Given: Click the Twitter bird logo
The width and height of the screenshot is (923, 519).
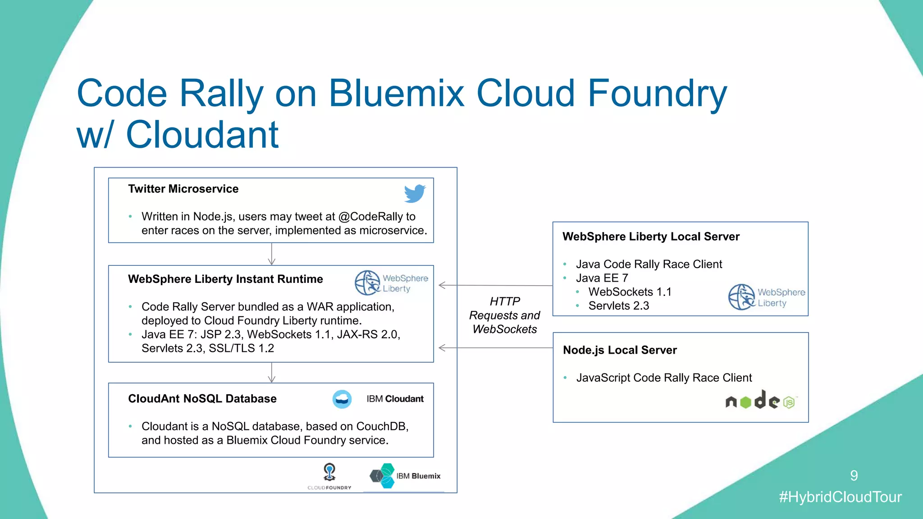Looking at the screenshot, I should pyautogui.click(x=415, y=193).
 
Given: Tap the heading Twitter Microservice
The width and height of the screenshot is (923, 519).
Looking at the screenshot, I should pyautogui.click(x=183, y=189).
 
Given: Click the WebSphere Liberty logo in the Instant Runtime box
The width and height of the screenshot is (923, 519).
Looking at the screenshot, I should pyautogui.click(x=391, y=283).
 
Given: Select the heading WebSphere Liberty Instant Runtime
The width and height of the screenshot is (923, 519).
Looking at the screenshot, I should pyautogui.click(x=225, y=279).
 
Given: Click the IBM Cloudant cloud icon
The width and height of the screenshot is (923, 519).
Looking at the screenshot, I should pyautogui.click(x=342, y=399).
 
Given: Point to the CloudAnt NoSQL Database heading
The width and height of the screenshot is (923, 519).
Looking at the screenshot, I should pyautogui.click(x=202, y=399).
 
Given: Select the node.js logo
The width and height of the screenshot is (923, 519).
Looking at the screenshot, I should pyautogui.click(x=761, y=401).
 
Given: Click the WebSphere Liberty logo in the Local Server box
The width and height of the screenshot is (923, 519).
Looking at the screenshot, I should pyautogui.click(x=766, y=297).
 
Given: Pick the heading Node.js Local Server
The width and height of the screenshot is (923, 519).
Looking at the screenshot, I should pyautogui.click(x=620, y=350).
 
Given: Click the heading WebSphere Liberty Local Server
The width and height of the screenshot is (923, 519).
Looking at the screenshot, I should pyautogui.click(x=651, y=237).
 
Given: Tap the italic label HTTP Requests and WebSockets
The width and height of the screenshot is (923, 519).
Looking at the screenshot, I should pyautogui.click(x=505, y=315).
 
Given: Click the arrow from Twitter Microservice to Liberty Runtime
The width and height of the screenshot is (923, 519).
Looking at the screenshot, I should pyautogui.click(x=272, y=254).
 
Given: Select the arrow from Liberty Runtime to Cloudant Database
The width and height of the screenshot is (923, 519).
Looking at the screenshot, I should pyautogui.click(x=272, y=373).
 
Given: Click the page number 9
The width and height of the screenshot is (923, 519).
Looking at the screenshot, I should pyautogui.click(x=854, y=475).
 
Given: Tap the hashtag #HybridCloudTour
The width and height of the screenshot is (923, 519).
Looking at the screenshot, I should pyautogui.click(x=840, y=497).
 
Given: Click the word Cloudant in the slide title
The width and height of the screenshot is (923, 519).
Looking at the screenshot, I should pyautogui.click(x=202, y=134).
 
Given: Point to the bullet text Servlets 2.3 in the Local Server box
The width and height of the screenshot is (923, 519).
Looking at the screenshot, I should pyautogui.click(x=618, y=306).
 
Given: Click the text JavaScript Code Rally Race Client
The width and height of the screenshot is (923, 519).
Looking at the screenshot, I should pyautogui.click(x=664, y=378).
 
